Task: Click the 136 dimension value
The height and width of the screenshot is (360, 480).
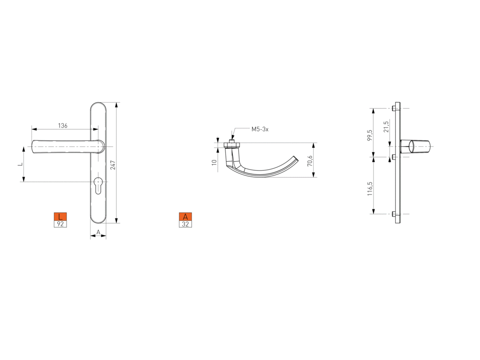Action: (x=62, y=126)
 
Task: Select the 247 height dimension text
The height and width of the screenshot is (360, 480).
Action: (x=113, y=165)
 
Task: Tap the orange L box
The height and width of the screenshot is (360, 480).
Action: (x=60, y=217)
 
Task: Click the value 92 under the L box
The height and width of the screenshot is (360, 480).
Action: (x=60, y=224)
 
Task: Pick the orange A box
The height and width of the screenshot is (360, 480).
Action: (x=185, y=217)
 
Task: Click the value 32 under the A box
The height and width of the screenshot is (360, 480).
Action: (x=185, y=224)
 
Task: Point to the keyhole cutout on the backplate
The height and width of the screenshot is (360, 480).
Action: (x=98, y=185)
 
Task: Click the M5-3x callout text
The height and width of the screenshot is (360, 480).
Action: (x=260, y=129)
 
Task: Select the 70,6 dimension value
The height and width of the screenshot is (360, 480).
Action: (x=310, y=161)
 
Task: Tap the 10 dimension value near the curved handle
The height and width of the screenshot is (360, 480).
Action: (x=214, y=162)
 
